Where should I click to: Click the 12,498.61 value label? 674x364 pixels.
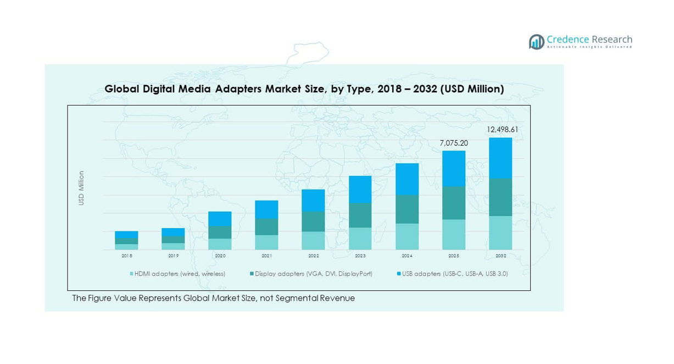pos(503,130)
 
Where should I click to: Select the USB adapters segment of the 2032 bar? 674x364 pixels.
pos(500,158)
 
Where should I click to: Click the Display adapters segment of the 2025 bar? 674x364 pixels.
pos(454,203)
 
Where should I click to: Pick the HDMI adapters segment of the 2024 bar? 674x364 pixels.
pos(407,236)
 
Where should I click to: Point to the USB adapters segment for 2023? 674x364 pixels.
pos(360,189)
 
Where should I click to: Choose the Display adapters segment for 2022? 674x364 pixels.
pos(313,221)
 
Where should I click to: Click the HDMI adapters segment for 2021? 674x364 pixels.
pos(266,242)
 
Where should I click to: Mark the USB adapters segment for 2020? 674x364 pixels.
pos(220,219)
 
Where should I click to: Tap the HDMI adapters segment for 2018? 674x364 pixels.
pos(126,247)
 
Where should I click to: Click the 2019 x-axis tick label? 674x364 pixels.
pos(173,256)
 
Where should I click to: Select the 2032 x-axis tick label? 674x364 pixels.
pos(500,256)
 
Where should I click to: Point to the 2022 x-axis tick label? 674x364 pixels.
pos(313,256)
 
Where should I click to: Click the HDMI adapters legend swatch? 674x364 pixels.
pos(132,273)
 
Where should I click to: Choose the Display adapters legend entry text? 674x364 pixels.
pos(314,273)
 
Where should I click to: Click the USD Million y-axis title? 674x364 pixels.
pos(81,188)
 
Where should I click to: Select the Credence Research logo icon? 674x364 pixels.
pos(536,42)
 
